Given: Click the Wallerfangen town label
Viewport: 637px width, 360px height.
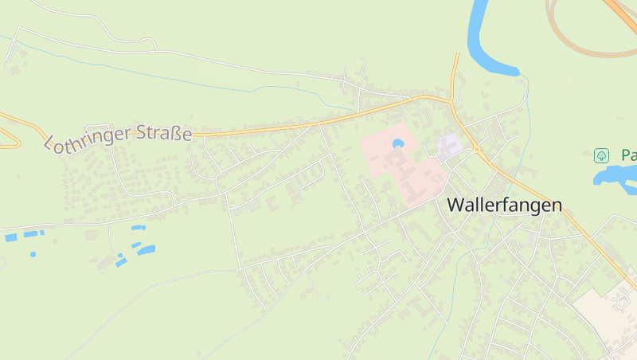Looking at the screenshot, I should click(504, 205).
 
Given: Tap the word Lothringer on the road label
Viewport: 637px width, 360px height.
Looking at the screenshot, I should click(86, 139).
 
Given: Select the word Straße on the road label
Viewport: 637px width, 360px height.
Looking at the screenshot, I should click(162, 133).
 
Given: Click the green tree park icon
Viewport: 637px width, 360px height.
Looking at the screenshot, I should click(602, 155).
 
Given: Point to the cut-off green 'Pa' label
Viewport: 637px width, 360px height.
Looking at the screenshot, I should click(628, 155).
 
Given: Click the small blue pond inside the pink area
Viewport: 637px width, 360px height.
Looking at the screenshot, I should click(398, 143).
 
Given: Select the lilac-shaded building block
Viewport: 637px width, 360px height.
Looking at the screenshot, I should click(449, 145).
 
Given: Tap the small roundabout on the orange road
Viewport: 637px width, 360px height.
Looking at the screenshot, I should click(477, 149).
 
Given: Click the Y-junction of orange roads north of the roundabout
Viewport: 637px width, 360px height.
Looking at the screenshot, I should click(451, 103).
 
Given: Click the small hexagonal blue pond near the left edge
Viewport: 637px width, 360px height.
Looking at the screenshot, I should click(33, 254).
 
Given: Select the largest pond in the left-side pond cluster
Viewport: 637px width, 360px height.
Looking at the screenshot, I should click(146, 250).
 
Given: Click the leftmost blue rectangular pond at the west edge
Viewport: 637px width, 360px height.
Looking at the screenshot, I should click(10, 237).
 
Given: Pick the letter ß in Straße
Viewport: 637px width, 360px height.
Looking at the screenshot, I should click(176, 133).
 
